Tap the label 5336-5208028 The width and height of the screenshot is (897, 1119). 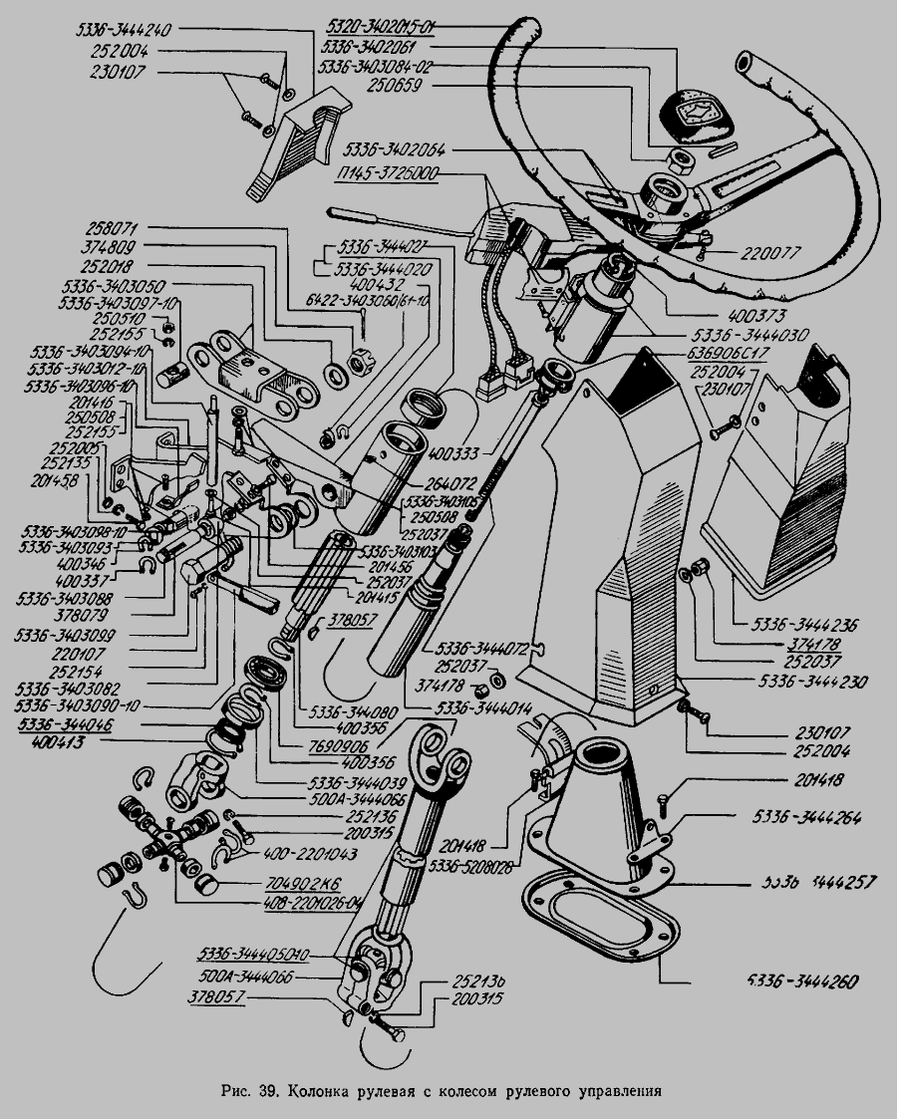coord(471,868)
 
